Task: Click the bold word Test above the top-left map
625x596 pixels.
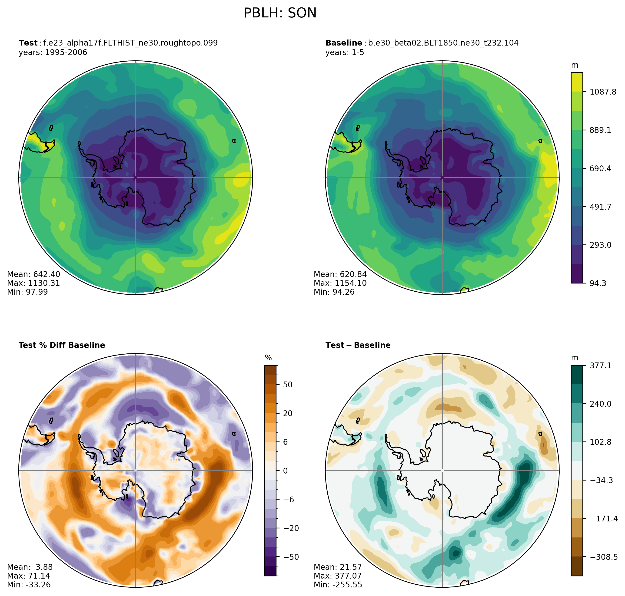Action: [x=28, y=43]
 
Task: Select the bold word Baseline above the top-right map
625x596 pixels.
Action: [x=344, y=43]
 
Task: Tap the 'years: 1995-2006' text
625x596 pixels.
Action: [x=53, y=53]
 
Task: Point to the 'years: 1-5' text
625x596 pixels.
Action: [x=345, y=53]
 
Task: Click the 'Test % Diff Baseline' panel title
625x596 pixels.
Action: [x=62, y=345]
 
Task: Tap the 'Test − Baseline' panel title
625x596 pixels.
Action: [x=358, y=345]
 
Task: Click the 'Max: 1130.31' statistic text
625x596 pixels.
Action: [x=33, y=283]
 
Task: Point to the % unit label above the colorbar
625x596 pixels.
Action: [x=268, y=358]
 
